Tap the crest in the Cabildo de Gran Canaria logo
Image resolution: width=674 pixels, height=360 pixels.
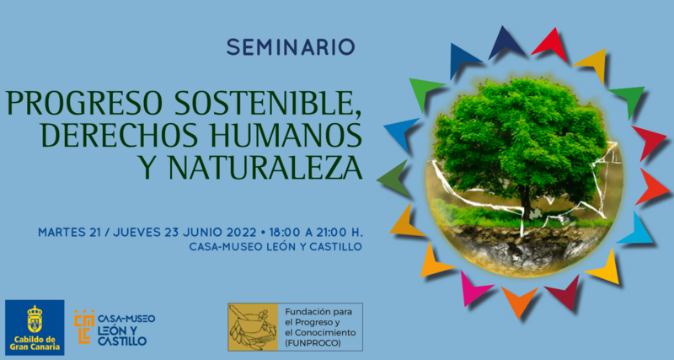pyautogui.click(x=35, y=319)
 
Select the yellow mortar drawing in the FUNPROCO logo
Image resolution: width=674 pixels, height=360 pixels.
pyautogui.click(x=252, y=327)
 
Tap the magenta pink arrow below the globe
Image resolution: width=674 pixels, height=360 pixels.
pyautogui.click(x=473, y=288)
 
